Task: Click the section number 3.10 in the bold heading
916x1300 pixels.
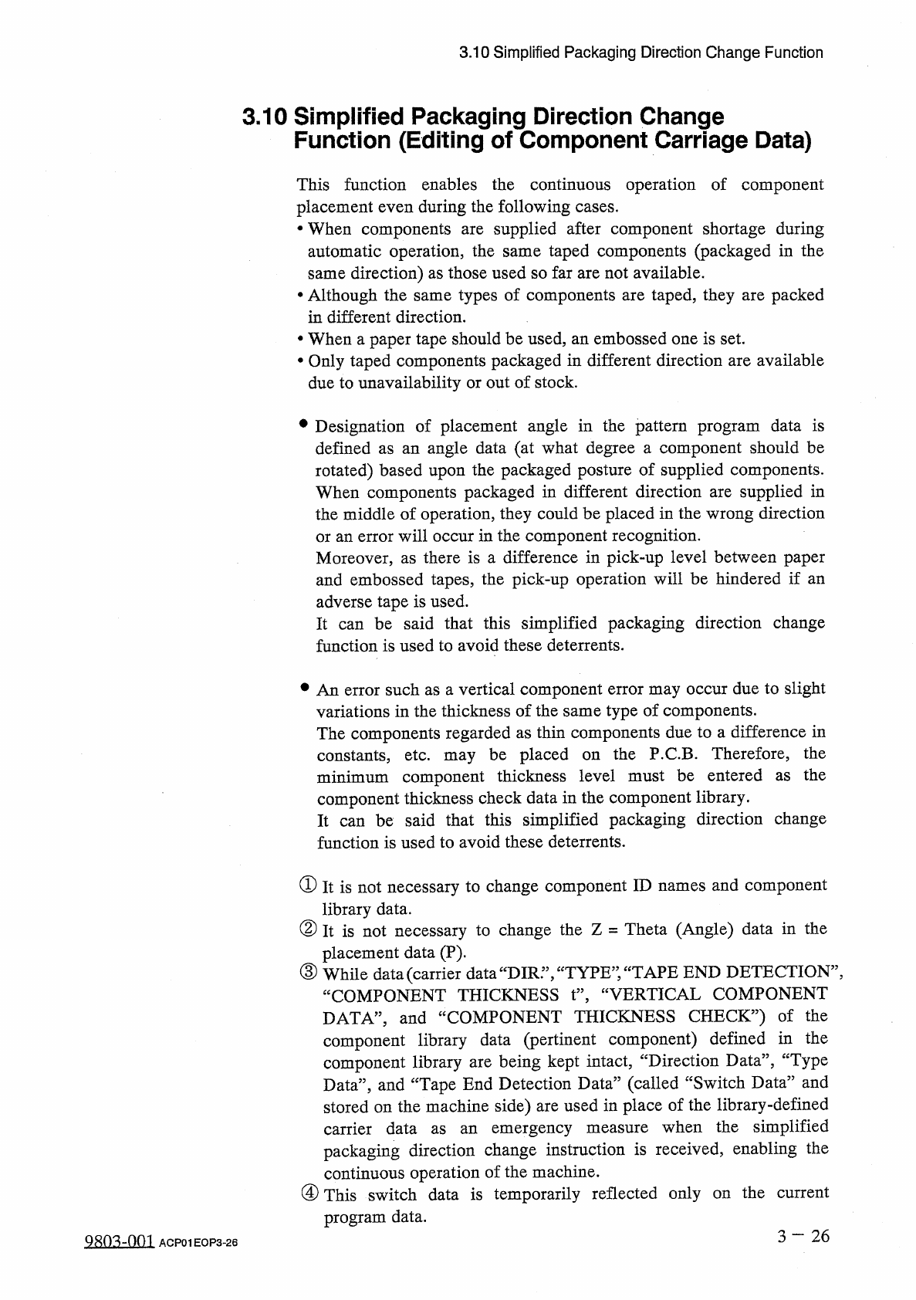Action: (x=265, y=117)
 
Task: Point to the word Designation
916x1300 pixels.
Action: (x=360, y=427)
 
